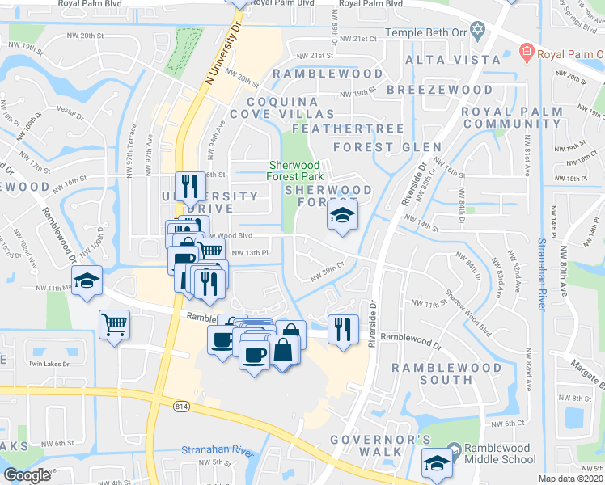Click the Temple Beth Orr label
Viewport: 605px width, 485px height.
tap(426, 32)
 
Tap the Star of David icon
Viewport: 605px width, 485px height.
tap(478, 32)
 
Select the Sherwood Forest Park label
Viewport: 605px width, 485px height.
tap(296, 171)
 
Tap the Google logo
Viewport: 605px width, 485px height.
tap(27, 475)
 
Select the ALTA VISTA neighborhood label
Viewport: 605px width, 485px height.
tap(453, 60)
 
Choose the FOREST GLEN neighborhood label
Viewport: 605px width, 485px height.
tap(387, 147)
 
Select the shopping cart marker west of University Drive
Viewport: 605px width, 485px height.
tap(115, 325)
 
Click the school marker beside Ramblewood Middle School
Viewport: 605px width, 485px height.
tap(438, 462)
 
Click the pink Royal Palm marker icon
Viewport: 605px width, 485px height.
tap(527, 54)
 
